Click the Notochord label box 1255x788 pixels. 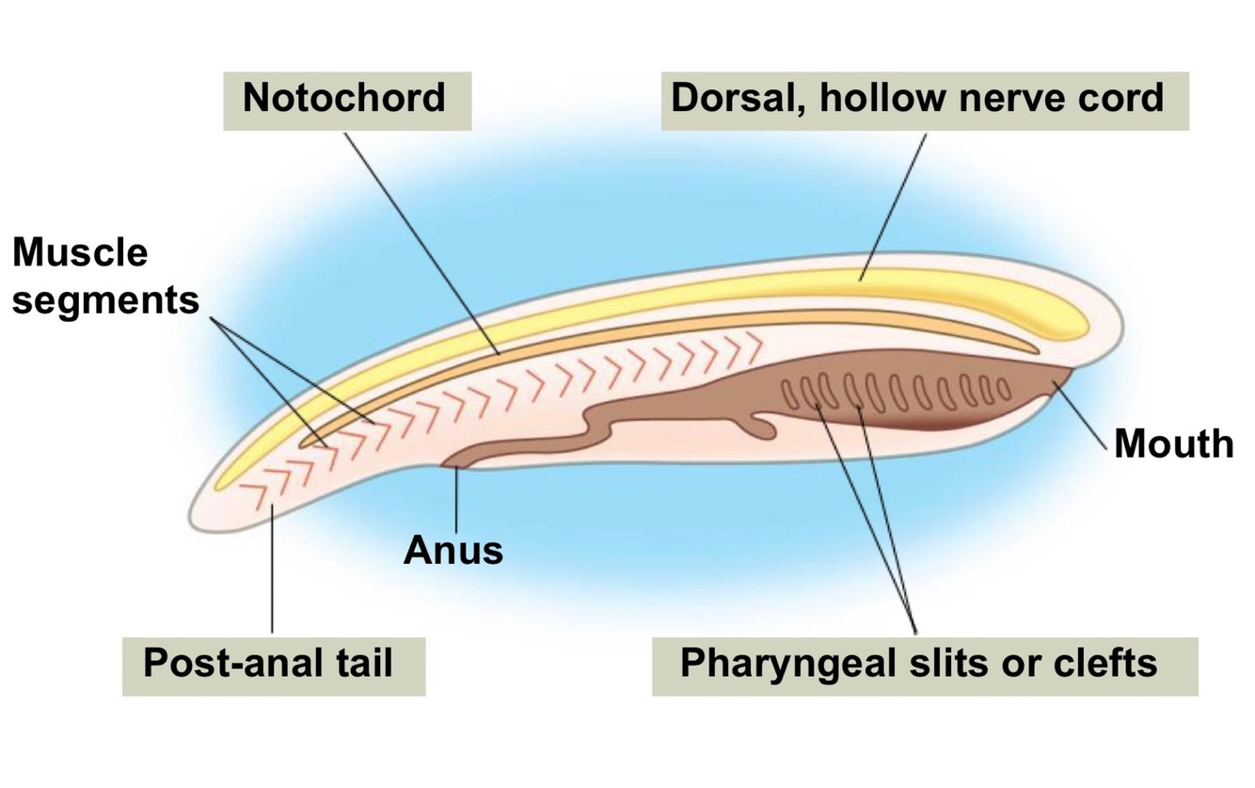(x=345, y=98)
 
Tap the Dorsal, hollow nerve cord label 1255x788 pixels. (x=924, y=98)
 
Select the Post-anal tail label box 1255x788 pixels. (x=273, y=665)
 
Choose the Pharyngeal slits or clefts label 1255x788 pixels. (x=924, y=665)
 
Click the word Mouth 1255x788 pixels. (x=1173, y=442)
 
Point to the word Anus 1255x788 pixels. (x=453, y=550)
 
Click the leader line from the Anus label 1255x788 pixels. (x=456, y=499)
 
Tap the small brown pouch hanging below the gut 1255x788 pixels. (x=762, y=428)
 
